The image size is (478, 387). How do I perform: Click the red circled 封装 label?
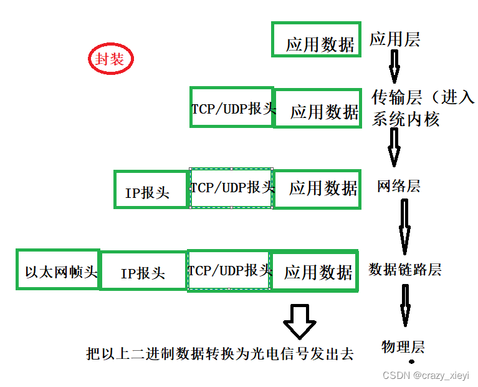coord(111,59)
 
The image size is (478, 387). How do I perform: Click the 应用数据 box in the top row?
coord(317,39)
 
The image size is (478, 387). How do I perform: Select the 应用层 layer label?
coord(395,39)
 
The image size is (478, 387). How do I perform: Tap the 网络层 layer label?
coord(398,186)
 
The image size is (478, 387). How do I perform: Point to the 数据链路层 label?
coord(405,269)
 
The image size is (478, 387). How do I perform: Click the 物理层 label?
coord(403,346)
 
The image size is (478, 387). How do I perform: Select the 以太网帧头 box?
coord(59,270)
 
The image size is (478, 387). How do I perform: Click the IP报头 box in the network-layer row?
coord(151,189)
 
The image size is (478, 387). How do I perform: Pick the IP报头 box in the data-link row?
coord(143,271)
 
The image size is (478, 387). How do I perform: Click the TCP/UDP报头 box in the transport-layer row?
coord(232,107)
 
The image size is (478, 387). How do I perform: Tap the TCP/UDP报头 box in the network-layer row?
coord(232,187)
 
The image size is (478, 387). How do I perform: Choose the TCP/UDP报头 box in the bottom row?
coord(229,270)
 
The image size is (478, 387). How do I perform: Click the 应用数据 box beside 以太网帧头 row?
coord(315,271)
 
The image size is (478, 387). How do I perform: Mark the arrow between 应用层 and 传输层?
coord(394,67)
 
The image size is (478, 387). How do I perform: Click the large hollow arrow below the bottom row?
coord(300,321)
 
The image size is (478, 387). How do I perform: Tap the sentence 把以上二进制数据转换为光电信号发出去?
coord(220,353)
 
